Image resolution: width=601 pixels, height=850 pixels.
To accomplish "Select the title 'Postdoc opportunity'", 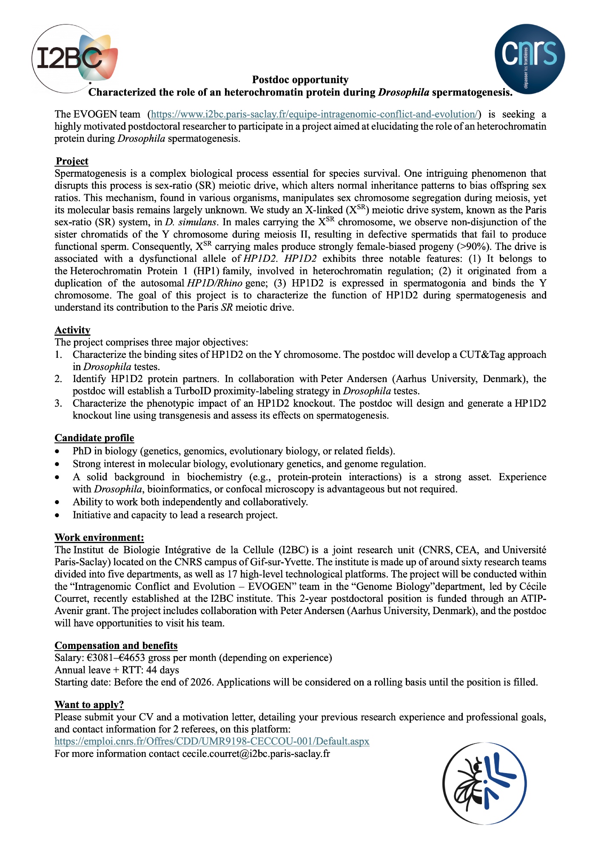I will pos(300,80).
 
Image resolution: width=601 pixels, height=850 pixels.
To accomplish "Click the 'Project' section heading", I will pos(72,161).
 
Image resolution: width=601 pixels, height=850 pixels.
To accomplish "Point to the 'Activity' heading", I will pos(72,330).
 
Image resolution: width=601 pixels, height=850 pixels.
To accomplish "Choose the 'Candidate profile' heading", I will pos(94,438).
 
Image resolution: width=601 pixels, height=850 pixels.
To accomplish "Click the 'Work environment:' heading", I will pos(99,538).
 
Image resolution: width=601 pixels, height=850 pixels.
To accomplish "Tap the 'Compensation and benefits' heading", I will pos(116,646).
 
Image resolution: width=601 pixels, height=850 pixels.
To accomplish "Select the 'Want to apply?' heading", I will pos(89,705).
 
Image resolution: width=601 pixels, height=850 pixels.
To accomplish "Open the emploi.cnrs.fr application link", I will pos(212,741).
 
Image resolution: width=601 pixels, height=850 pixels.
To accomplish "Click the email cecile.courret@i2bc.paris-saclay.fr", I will pos(256,754).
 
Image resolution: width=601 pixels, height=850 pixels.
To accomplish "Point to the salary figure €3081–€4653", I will pos(116,658).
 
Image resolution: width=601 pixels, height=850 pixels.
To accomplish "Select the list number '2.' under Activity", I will pos(59,379).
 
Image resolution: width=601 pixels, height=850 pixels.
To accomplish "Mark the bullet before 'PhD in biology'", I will pos(57,451).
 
